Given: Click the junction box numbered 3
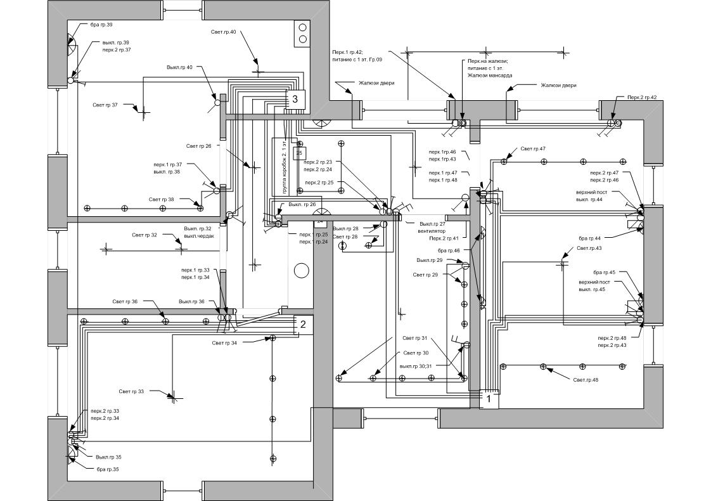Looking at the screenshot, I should click(295, 100).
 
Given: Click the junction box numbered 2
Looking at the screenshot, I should click(303, 325).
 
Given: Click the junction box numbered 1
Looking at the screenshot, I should click(488, 400).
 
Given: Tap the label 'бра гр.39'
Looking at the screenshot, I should click(101, 25).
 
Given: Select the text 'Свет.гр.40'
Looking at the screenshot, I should click(224, 32).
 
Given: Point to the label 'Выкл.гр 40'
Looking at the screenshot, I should click(180, 67).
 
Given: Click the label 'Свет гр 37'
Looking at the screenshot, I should click(105, 105).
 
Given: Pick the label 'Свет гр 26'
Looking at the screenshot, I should click(199, 146).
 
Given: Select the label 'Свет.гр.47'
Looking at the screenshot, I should click(533, 149).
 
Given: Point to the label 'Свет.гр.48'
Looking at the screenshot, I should click(586, 380).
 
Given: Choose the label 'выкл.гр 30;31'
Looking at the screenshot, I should click(416, 366).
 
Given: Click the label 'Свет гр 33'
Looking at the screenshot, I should click(131, 391).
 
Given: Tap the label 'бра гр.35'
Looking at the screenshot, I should click(108, 469).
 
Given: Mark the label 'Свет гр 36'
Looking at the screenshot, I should click(125, 302).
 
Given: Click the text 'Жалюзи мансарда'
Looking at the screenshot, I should click(490, 75).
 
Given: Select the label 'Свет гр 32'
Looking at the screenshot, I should click(144, 235).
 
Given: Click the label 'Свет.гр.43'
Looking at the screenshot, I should click(589, 248).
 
